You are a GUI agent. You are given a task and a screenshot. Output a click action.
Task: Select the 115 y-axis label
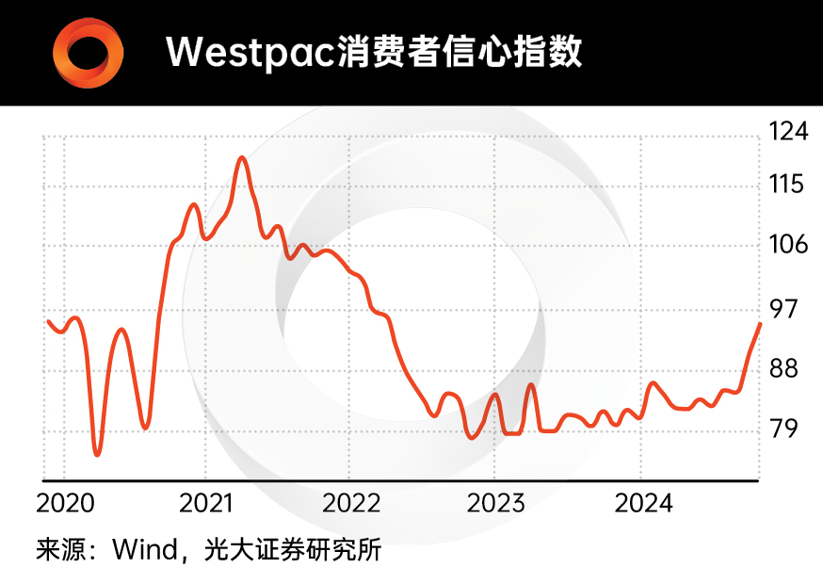(789, 185)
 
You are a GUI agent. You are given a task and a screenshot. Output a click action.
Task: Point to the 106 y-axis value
(789, 245)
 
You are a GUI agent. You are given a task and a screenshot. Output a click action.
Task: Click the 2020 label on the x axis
(65, 502)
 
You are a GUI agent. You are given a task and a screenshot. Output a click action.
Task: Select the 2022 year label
(351, 502)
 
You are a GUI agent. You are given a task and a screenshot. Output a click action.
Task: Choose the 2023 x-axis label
(496, 502)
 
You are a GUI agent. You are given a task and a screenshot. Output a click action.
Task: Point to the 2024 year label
(643, 502)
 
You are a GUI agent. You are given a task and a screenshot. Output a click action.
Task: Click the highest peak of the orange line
(242, 157)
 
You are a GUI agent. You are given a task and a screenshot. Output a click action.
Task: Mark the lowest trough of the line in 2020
(97, 454)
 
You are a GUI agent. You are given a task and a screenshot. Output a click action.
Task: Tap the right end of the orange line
(760, 324)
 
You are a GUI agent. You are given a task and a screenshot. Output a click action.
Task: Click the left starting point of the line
(48, 322)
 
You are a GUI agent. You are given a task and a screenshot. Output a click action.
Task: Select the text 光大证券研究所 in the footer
(293, 549)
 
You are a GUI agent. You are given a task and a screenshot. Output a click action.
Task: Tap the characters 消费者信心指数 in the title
(459, 52)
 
